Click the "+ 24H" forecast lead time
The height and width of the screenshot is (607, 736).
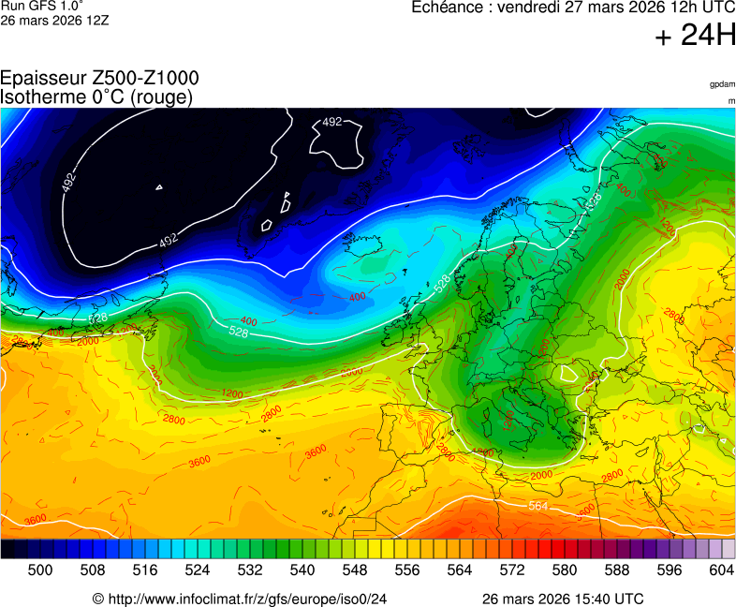pyautogui.click(x=695, y=37)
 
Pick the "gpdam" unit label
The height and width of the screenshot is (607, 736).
pyautogui.click(x=722, y=84)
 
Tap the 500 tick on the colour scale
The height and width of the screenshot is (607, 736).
pyautogui.click(x=40, y=570)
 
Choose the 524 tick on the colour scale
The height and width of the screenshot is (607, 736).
pyautogui.click(x=198, y=570)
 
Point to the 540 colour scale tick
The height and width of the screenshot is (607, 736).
pyautogui.click(x=302, y=570)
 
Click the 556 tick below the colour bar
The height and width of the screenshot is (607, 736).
pyautogui.click(x=407, y=570)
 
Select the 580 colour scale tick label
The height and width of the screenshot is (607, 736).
pyautogui.click(x=565, y=570)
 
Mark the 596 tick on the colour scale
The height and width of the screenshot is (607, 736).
pyautogui.click(x=670, y=570)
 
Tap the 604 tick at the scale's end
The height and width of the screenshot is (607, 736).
pyautogui.click(x=721, y=570)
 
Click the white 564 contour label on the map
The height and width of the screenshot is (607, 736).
pyautogui.click(x=537, y=506)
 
